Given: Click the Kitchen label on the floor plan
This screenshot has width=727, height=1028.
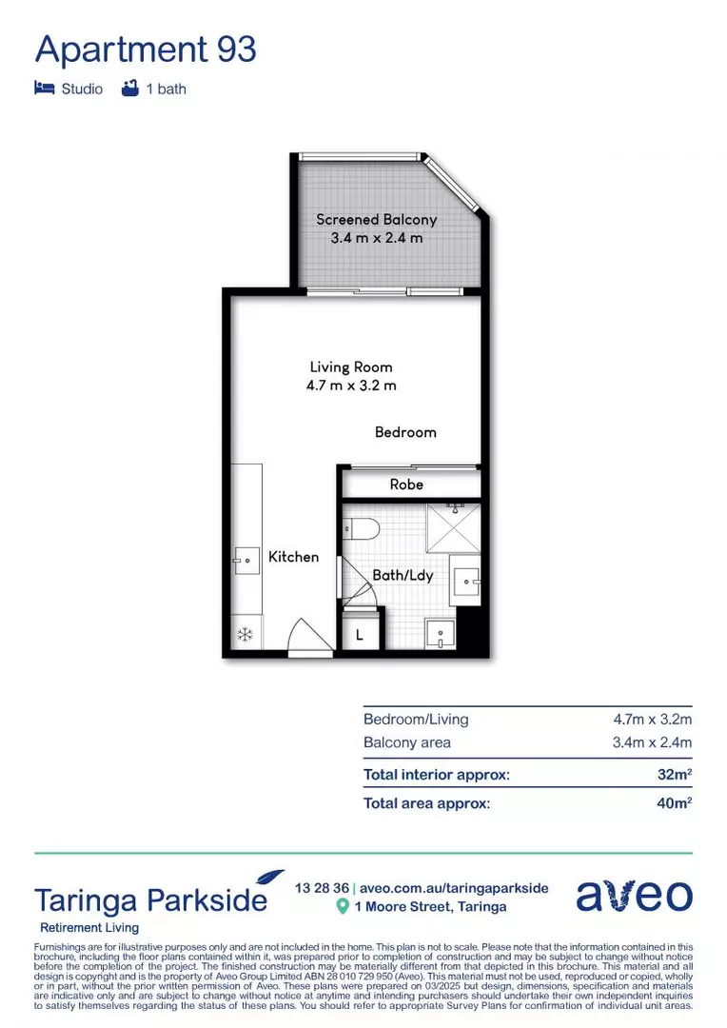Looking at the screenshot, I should [293, 557].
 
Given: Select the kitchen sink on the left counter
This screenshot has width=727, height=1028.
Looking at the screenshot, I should [246, 562].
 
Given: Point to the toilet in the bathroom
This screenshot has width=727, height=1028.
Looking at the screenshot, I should [363, 527].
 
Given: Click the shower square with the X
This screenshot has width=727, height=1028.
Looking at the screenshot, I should [452, 528].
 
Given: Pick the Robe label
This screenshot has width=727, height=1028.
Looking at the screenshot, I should [406, 484].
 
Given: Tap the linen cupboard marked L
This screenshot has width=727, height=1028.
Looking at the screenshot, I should [360, 632].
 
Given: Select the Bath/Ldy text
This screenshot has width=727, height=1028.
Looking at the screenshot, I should [403, 575].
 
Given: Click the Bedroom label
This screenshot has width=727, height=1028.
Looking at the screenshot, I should [405, 432].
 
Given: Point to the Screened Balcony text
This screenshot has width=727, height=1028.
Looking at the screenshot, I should [376, 220].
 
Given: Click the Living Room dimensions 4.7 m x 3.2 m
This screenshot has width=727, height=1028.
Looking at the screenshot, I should [351, 385].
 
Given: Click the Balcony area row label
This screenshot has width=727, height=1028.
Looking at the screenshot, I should [407, 742].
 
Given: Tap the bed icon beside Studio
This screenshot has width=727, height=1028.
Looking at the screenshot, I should [44, 89].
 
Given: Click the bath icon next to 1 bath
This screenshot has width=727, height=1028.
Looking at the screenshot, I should [130, 89].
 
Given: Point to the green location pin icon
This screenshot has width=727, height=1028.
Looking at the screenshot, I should [343, 907].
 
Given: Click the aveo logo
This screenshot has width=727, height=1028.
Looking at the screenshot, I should [634, 895].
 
